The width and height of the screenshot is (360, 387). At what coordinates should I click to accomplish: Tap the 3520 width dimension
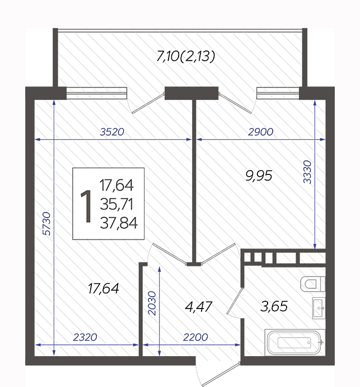(x=112, y=132)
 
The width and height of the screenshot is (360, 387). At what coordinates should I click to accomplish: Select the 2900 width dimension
(x=261, y=132)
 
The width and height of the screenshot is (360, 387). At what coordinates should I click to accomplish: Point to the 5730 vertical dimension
(x=46, y=223)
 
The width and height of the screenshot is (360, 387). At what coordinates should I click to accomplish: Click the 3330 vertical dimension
(x=307, y=172)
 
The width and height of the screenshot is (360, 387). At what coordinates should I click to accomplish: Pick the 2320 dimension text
(x=85, y=337)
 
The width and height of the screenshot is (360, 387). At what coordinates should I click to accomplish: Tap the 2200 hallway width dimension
(x=195, y=337)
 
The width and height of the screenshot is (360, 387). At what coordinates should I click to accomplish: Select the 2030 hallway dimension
(x=152, y=303)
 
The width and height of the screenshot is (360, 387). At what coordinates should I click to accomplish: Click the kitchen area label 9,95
(x=259, y=176)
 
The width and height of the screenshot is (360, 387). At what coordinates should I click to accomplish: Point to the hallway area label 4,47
(x=198, y=307)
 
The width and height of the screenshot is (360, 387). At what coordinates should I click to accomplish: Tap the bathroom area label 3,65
(x=274, y=306)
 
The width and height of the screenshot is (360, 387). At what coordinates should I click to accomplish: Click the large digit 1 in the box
(x=86, y=206)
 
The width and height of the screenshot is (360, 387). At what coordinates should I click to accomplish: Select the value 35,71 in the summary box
(x=116, y=204)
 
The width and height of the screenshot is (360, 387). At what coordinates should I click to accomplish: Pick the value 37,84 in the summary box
(x=119, y=223)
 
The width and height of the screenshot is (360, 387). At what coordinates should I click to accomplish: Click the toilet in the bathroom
(x=312, y=284)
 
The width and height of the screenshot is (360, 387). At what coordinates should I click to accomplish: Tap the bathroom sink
(x=319, y=308)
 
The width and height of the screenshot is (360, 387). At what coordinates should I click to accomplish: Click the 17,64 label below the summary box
(x=104, y=288)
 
